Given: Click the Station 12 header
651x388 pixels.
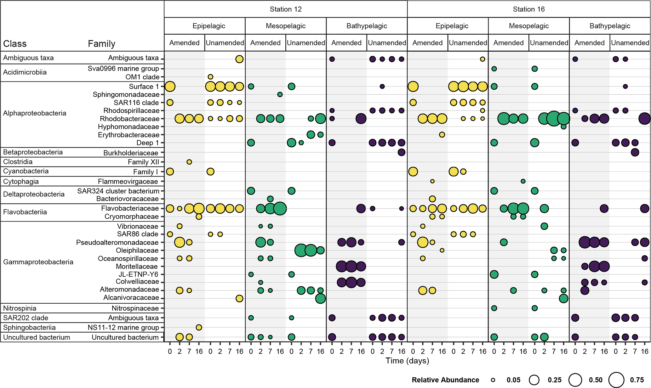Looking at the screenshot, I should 285,9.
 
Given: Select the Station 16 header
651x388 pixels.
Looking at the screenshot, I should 528,9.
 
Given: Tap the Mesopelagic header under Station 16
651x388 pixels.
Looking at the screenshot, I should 528,26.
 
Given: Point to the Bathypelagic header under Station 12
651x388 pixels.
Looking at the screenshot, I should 367,26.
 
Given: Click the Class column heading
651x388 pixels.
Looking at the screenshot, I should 15,43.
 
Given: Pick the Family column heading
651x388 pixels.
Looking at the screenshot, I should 101,43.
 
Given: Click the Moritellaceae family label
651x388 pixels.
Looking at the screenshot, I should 137,267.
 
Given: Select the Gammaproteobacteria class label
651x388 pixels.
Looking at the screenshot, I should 38,262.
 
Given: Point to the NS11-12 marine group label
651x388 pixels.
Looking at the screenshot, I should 123,327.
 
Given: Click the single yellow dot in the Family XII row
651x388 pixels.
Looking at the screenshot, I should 189,162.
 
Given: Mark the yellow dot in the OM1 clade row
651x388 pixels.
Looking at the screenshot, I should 210,77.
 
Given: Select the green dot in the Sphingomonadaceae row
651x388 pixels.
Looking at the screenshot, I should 280,94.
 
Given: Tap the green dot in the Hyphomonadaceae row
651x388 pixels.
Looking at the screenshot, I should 563,127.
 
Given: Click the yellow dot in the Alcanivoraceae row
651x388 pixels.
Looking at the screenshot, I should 239,298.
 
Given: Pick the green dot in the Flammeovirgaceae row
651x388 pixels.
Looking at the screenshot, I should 523,181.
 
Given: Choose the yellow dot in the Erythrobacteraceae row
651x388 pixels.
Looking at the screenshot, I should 442,135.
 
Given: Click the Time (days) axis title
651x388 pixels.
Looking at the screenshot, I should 407,361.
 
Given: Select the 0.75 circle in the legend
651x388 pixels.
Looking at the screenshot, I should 616,380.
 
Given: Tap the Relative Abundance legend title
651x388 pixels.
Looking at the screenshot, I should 445,380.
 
